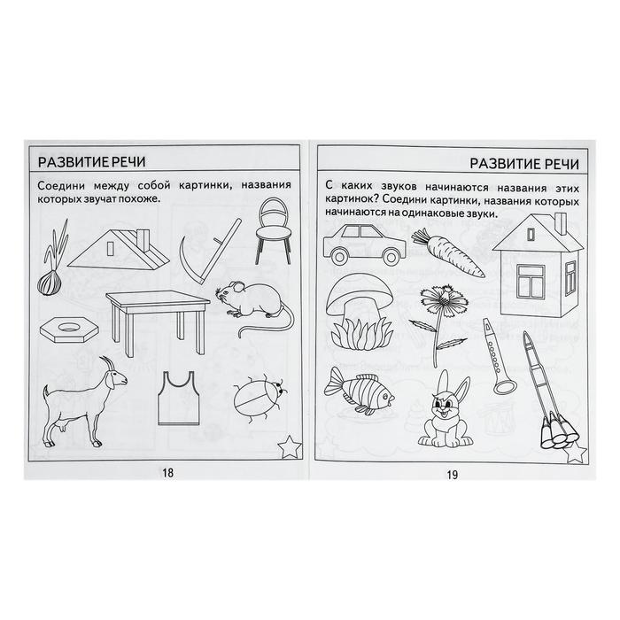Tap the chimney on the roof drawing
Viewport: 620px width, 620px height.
point(143,240)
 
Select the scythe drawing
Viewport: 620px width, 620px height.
point(209,251)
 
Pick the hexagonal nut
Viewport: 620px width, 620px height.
point(69,329)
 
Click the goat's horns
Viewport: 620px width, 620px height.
point(107,362)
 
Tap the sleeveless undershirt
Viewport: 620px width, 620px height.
point(178,398)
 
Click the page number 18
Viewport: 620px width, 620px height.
point(167,472)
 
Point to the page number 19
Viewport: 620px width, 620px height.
point(453,475)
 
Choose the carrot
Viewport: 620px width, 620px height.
point(446,252)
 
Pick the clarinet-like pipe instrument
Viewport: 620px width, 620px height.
point(498,356)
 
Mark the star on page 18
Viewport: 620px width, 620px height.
point(290,446)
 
